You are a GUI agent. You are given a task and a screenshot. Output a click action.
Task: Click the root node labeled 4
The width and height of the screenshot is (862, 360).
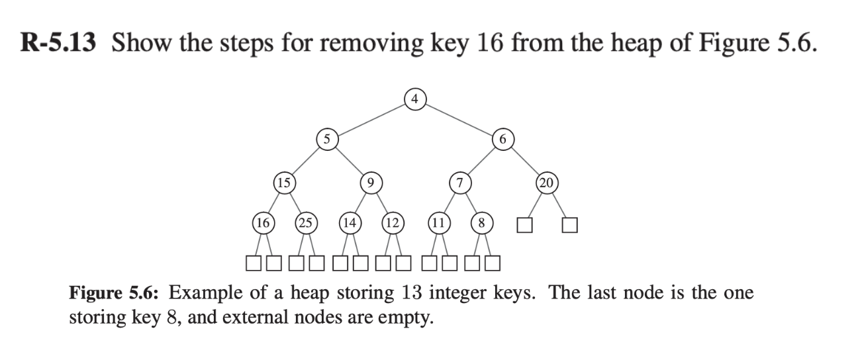click(414, 100)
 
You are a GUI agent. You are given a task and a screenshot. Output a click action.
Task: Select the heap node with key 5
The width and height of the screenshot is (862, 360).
click(326, 139)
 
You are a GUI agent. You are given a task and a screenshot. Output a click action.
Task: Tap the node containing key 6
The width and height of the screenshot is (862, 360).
click(503, 139)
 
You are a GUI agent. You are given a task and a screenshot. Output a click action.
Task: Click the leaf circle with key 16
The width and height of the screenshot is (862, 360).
click(263, 223)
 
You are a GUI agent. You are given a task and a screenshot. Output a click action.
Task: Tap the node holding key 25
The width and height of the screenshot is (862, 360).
click(306, 223)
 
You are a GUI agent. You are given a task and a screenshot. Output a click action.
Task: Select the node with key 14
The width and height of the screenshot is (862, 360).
click(349, 223)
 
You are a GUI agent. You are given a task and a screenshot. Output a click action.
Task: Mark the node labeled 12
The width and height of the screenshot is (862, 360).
click(392, 223)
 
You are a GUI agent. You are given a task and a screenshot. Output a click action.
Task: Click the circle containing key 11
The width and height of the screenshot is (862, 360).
click(438, 223)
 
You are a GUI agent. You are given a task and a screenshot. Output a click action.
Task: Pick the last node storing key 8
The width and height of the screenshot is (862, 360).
click(481, 223)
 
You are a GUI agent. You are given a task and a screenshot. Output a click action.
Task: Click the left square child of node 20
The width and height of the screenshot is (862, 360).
click(525, 225)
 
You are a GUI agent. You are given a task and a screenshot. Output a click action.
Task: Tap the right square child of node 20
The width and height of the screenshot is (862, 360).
click(570, 225)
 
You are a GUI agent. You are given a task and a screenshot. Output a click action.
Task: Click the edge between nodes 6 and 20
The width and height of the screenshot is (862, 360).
click(526, 160)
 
